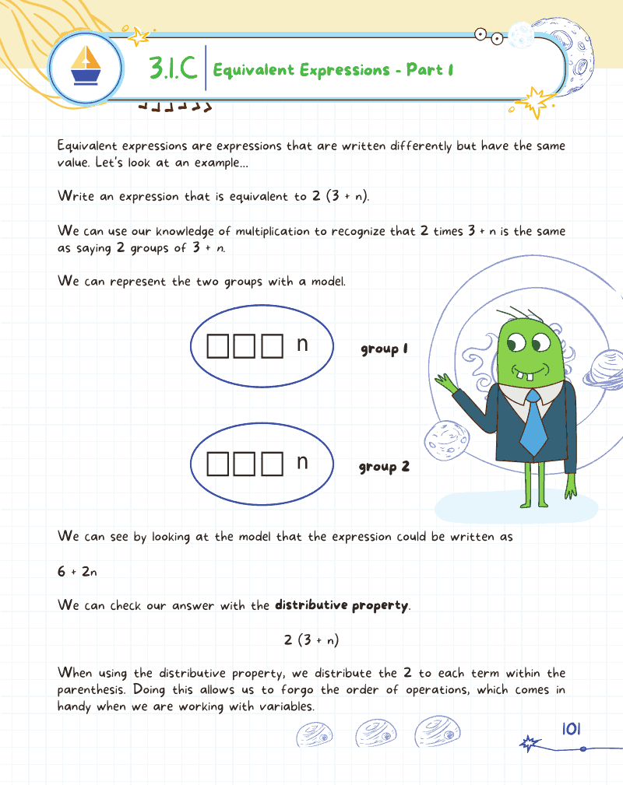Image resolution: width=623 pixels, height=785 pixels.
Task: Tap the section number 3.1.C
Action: click(x=172, y=69)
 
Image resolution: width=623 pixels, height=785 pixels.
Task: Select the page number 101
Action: click(x=572, y=729)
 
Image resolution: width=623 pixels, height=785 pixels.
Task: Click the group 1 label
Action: click(x=384, y=349)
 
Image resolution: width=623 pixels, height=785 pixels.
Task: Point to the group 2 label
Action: click(x=384, y=467)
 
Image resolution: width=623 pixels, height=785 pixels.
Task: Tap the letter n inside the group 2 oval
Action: click(x=303, y=462)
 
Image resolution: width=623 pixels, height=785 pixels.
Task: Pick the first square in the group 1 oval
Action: click(x=218, y=347)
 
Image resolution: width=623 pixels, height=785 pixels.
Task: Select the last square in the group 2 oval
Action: click(x=271, y=464)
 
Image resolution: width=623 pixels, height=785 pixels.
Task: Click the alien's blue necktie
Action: click(x=533, y=427)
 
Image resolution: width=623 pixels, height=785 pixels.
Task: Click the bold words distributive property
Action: click(x=341, y=605)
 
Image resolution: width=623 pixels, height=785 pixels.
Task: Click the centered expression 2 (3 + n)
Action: click(x=311, y=640)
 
